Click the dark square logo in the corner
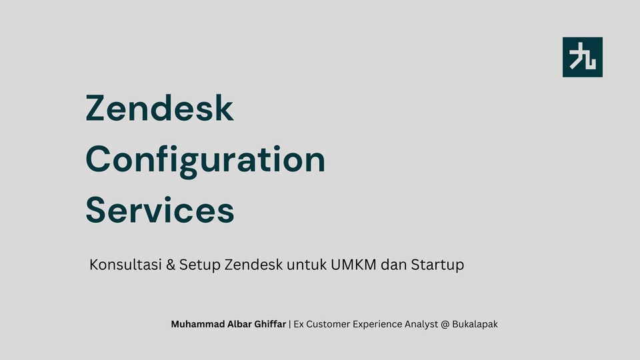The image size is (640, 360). pyautogui.click(x=583, y=57)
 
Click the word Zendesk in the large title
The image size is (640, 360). pyautogui.click(x=159, y=108)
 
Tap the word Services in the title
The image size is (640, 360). pyautogui.click(x=160, y=210)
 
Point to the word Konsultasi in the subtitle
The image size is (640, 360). pyautogui.click(x=126, y=265)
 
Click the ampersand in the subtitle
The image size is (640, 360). pyautogui.click(x=171, y=265)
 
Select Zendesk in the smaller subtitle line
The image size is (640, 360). pyautogui.click(x=253, y=265)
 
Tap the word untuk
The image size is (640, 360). pyautogui.click(x=307, y=265)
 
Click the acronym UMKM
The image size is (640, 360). pyautogui.click(x=353, y=265)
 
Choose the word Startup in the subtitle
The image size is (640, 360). pyautogui.click(x=437, y=265)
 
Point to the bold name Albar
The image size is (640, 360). pyautogui.click(x=239, y=324)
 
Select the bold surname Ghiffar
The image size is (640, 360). pyautogui.click(x=270, y=324)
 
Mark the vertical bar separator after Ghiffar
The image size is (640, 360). pyautogui.click(x=290, y=324)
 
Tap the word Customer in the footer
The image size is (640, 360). pyautogui.click(x=328, y=324)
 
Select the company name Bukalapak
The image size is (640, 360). pyautogui.click(x=475, y=325)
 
